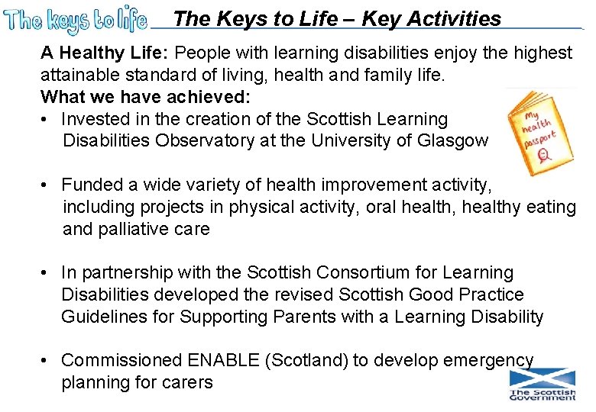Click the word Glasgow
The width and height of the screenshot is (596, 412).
click(x=453, y=141)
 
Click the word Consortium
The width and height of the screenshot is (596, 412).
click(x=367, y=272)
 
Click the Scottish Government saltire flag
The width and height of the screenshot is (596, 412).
click(x=543, y=378)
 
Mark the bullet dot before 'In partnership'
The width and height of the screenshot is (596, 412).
click(x=47, y=273)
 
